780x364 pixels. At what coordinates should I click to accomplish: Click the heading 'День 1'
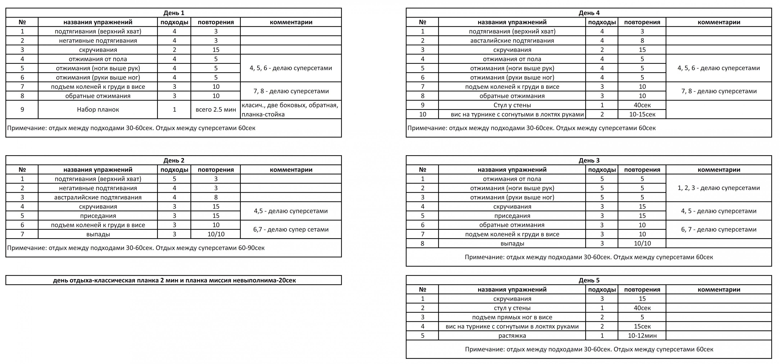pos(174,13)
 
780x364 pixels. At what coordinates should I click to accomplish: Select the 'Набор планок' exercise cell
pos(98,110)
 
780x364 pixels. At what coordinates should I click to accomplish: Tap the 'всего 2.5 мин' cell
pos(216,110)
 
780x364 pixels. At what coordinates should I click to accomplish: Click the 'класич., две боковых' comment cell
pos(290,110)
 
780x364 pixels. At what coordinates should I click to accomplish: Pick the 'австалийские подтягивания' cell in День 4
pos(512,41)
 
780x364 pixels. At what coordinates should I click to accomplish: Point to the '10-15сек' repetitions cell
pos(642,114)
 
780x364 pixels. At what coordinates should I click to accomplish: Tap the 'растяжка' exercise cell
pos(512,335)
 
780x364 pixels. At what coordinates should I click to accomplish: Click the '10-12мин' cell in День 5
pos(642,335)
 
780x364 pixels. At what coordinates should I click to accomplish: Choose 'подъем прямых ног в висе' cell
pos(512,317)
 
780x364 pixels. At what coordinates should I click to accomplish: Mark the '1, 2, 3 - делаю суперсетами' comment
pos(718,188)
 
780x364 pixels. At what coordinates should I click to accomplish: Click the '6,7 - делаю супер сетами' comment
pos(291,229)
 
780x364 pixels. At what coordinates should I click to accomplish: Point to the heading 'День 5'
pos(589,280)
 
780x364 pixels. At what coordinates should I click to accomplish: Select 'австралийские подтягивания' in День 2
pos(98,197)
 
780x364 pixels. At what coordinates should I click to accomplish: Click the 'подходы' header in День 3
pos(602,170)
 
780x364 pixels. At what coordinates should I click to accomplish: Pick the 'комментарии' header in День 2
pos(291,170)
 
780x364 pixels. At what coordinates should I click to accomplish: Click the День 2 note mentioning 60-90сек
pos(136,248)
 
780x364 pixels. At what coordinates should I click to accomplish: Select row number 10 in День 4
pos(422,114)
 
